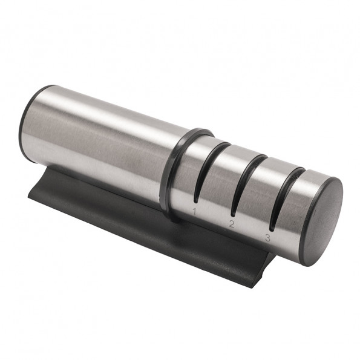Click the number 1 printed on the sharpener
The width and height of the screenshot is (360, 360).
(194, 211)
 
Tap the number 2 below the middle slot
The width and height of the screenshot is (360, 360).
(231, 224)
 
